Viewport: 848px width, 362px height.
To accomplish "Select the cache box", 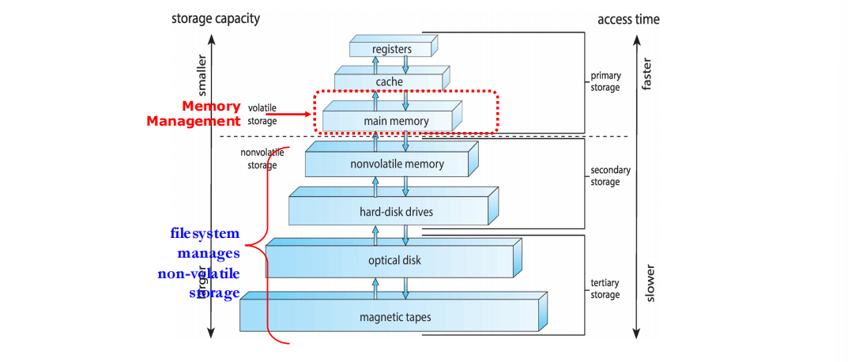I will pos(389,81).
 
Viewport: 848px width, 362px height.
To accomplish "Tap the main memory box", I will pos(386,121).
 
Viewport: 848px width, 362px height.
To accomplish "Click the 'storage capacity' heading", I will pos(215,19).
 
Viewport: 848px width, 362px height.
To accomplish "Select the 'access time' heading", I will pos(628,19).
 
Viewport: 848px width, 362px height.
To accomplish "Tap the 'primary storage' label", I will pos(605,81).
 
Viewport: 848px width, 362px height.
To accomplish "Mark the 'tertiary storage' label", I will pos(605,288).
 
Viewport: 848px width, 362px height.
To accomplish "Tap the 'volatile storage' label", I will pos(262,114).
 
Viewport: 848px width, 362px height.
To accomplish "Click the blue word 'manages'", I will pos(209,254).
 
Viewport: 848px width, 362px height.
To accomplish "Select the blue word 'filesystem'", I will pos(205,234).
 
